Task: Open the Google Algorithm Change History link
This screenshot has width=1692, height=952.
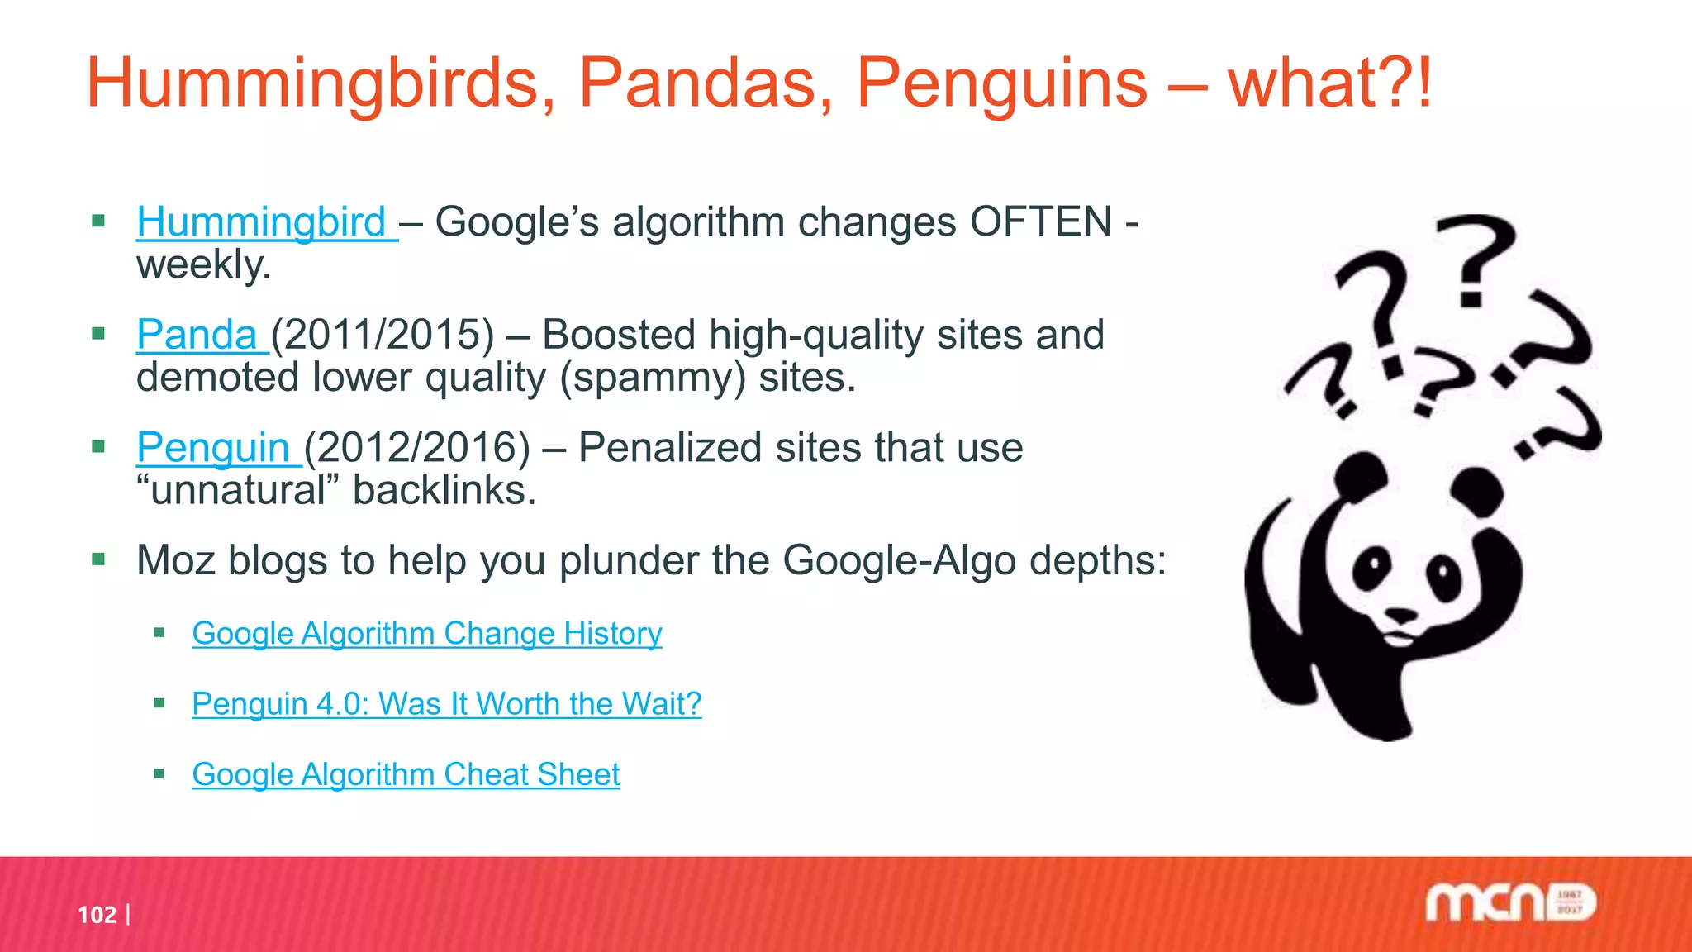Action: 426,634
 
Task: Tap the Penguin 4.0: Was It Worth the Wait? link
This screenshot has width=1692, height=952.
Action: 446,704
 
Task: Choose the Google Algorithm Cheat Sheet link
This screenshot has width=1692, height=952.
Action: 406,774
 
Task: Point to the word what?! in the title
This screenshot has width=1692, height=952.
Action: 1329,83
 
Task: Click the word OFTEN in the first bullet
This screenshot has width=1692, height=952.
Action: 1041,222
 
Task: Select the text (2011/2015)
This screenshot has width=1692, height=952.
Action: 383,335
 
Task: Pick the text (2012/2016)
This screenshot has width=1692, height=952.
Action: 417,448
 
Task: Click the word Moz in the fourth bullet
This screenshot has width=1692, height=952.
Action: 175,560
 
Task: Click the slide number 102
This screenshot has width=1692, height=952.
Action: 97,915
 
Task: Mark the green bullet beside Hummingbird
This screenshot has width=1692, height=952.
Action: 99,221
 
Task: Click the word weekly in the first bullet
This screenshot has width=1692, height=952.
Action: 203,266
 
